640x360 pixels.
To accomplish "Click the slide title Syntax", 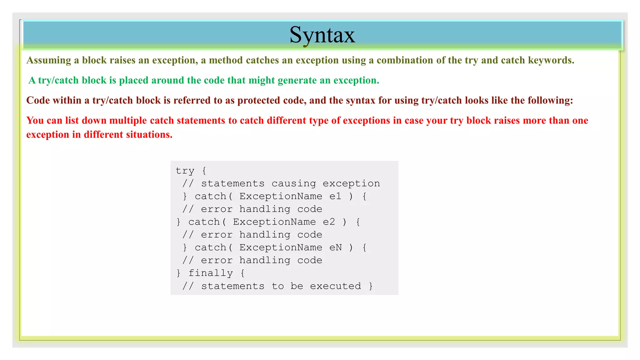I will pos(322,35).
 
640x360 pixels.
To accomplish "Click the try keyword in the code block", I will pos(185,171).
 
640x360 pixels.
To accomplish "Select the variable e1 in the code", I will pos(335,197).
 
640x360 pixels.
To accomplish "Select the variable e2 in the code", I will pos(329,222).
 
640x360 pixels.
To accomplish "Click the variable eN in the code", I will pos(336,248).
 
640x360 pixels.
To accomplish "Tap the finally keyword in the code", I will pos(211,273).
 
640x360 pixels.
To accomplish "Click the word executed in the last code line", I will pos(335,286).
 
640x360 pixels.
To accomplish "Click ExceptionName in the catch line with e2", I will pos(274,222).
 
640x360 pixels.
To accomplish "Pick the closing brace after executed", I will pos(371,286).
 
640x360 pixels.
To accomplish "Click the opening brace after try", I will pos(204,171).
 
